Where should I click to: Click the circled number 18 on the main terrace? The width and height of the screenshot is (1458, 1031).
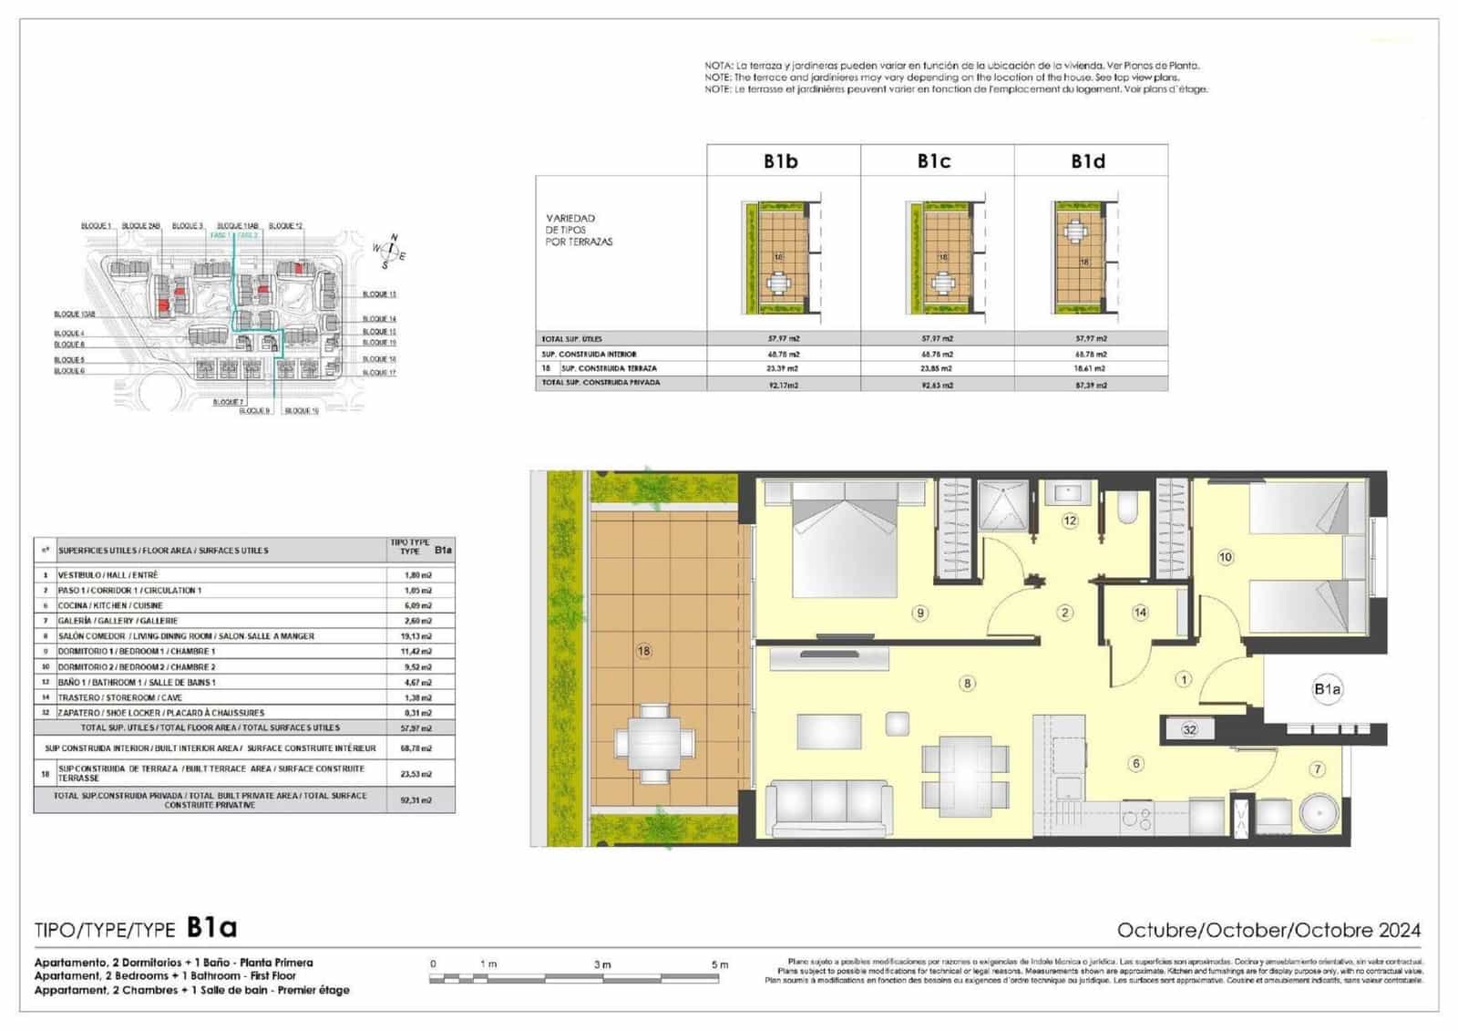pyautogui.click(x=644, y=651)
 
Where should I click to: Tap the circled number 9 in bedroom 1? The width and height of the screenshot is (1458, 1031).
pyautogui.click(x=920, y=613)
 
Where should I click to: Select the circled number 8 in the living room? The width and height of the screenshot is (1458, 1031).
pyautogui.click(x=967, y=683)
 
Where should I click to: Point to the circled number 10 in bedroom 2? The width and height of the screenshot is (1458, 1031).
pyautogui.click(x=1226, y=557)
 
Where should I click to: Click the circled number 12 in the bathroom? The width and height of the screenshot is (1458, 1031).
pyautogui.click(x=1070, y=521)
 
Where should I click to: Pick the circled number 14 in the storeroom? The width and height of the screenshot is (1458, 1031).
pyautogui.click(x=1140, y=613)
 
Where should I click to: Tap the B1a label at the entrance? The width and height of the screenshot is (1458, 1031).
pyautogui.click(x=1328, y=689)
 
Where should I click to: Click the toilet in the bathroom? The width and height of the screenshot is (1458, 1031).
pyautogui.click(x=1127, y=507)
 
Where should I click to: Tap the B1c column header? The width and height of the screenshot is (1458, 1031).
pyautogui.click(x=934, y=161)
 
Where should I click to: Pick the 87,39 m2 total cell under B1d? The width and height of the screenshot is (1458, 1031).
pyautogui.click(x=1090, y=385)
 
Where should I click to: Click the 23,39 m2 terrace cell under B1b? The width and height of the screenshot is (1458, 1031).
pyautogui.click(x=783, y=368)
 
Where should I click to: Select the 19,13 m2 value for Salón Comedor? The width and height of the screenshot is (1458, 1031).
pyautogui.click(x=417, y=636)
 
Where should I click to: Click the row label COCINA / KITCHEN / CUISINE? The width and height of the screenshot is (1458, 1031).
pyautogui.click(x=110, y=605)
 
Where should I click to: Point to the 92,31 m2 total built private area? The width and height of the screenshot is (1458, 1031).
pyautogui.click(x=417, y=800)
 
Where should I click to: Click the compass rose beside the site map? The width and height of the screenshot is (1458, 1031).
pyautogui.click(x=390, y=249)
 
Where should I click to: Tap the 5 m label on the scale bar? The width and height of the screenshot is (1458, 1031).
pyautogui.click(x=720, y=964)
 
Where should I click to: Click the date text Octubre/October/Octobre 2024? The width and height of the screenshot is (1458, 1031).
pyautogui.click(x=1268, y=931)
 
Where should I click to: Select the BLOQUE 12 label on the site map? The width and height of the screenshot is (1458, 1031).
pyautogui.click(x=285, y=226)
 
